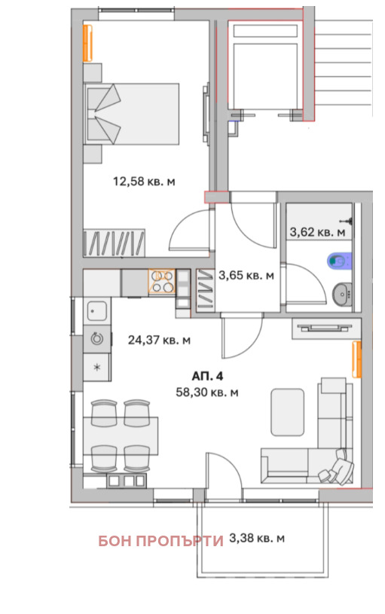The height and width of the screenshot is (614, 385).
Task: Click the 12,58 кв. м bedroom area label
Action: pyautogui.click(x=144, y=181)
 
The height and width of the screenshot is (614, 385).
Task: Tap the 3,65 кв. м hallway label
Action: pyautogui.click(x=246, y=276)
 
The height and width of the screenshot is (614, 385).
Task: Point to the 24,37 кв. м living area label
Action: pyautogui.click(x=159, y=340)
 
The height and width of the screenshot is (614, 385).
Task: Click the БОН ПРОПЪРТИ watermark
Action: pyautogui.click(x=160, y=540)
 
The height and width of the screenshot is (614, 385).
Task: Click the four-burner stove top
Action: pyautogui.click(x=161, y=283)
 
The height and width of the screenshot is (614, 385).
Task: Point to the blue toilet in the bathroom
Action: pyautogui.click(x=338, y=261)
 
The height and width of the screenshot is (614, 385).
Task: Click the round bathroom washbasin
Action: pyautogui.click(x=343, y=293)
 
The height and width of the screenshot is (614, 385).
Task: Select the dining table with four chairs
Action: pyautogui.click(x=121, y=435)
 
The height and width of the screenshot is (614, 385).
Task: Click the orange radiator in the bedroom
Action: pyautogui.click(x=89, y=43)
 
